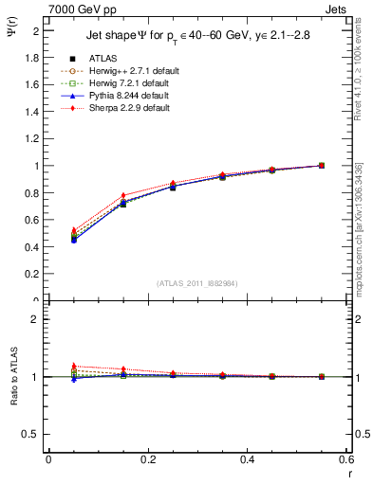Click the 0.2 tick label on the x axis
click(x=148, y=460)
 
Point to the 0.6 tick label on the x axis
click(x=347, y=460)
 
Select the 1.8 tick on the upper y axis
click(x=32, y=57)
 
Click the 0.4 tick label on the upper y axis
click(x=32, y=247)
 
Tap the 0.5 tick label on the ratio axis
click(x=32, y=434)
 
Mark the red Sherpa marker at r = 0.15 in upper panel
click(x=123, y=195)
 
